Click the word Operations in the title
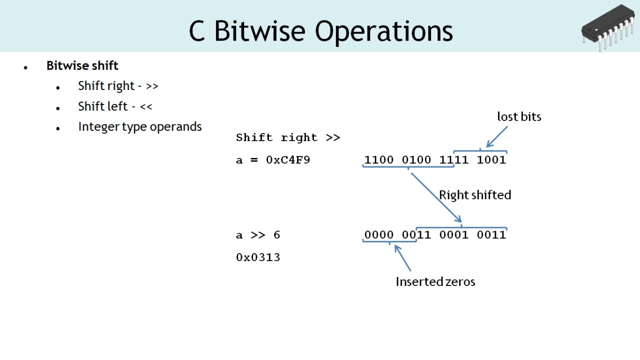pos(383,31)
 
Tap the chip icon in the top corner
pos(608,27)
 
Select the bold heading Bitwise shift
pos(82,65)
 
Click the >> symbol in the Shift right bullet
pos(152,86)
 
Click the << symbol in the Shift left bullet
pos(146,107)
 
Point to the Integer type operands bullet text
pos(139,126)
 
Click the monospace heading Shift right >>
pos(287,137)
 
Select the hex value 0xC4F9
pos(288,160)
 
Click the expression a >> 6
pos(257,235)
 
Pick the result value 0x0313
pos(257,257)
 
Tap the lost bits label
pos(519,116)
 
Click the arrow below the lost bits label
pos(496,136)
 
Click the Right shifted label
pos(474,195)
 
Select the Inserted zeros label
pos(435,281)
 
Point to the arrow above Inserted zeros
pos(402,257)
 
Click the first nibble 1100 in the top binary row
pos(378,160)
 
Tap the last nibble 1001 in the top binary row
pos(491,160)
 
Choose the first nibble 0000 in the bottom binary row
pos(378,235)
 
